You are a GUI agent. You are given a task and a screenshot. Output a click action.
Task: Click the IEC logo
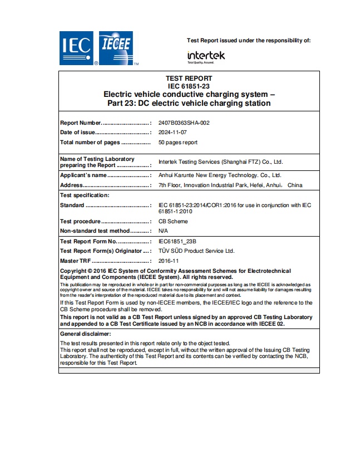coord(77,47)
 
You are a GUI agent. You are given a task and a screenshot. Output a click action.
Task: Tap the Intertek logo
coord(206,56)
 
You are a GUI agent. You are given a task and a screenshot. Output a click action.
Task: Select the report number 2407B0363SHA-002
coord(184,123)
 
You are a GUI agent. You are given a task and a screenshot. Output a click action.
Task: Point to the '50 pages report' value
coord(177,143)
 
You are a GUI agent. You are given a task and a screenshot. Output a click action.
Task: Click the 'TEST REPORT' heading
coord(189,79)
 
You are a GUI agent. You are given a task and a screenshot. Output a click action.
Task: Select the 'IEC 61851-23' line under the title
coord(189,86)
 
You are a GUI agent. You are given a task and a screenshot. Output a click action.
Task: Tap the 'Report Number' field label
coord(81,123)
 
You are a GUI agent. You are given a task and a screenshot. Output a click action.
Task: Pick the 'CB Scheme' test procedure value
coord(173,222)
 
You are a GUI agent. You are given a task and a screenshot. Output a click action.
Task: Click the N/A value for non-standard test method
coord(163,230)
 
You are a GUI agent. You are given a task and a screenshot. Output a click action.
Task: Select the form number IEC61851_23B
coord(177,242)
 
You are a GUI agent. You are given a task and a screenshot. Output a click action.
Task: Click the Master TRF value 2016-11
coord(168,261)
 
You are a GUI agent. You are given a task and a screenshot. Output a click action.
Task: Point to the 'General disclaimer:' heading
coord(85,333)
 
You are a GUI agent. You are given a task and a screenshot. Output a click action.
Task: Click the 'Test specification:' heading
coord(85,195)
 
